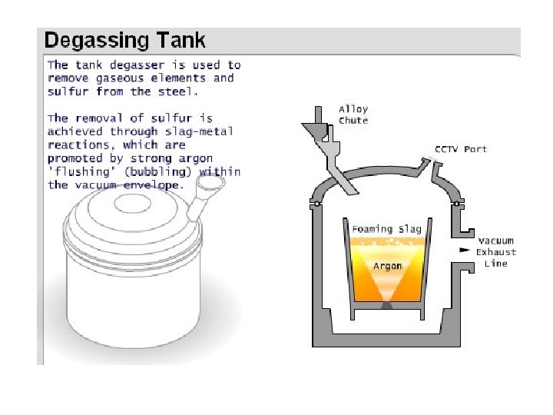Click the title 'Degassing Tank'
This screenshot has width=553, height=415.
[125, 40]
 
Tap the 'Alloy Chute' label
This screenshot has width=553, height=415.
[353, 115]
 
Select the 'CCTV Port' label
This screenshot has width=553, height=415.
[461, 148]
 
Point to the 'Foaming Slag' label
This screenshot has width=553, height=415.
[386, 229]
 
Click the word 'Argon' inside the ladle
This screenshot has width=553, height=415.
[388, 266]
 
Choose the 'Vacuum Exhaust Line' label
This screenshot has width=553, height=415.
[495, 252]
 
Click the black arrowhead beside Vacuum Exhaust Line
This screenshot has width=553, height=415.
[464, 251]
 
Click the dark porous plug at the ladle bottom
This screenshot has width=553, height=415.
[387, 304]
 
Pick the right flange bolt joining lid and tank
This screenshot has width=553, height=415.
[459, 204]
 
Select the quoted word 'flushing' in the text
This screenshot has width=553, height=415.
[76, 171]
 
